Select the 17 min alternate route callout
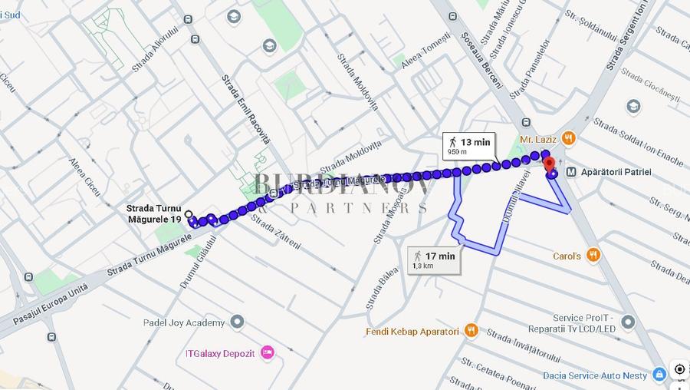435,259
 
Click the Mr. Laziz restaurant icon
568,139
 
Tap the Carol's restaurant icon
593,255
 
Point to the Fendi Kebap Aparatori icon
471,331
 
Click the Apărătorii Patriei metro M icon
571,172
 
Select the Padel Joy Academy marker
238,322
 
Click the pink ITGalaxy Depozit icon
267,352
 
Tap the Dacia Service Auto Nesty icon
659,375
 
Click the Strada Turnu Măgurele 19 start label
154,213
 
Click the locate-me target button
679,369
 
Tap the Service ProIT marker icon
629,322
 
